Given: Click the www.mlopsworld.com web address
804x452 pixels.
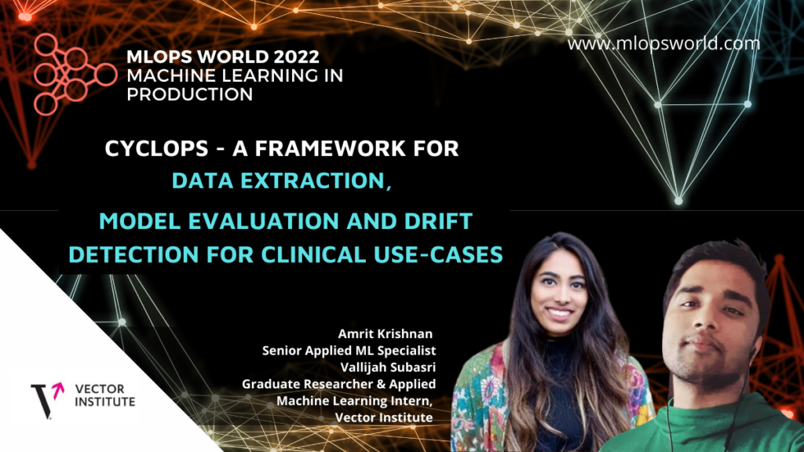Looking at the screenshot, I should [x=663, y=44].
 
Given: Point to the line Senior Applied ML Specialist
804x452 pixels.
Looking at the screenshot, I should [x=349, y=350].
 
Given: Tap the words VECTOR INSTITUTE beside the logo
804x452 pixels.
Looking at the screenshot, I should [x=105, y=395].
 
